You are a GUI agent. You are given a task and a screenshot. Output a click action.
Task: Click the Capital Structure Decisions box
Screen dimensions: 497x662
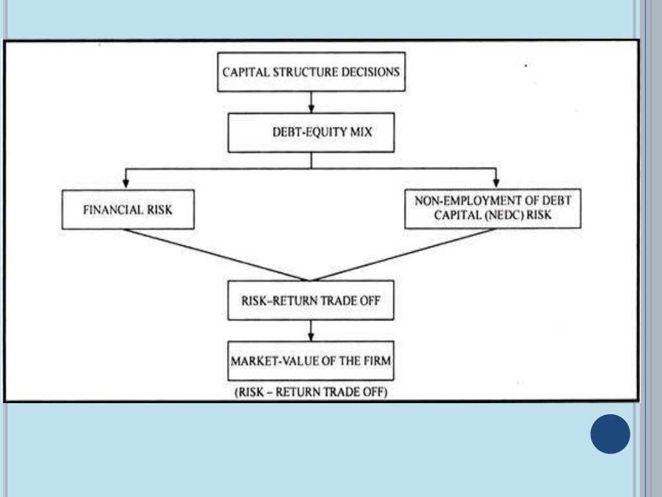[311, 71]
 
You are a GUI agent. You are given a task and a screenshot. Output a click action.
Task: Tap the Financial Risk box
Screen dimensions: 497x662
[127, 210]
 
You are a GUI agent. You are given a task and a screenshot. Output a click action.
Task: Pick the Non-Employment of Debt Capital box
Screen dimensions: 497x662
[493, 208]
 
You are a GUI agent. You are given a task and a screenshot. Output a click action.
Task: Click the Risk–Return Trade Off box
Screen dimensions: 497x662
[311, 300]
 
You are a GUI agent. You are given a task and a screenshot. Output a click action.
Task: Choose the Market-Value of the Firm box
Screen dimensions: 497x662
[311, 360]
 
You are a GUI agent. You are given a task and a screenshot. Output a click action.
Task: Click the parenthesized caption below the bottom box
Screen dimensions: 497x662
[311, 392]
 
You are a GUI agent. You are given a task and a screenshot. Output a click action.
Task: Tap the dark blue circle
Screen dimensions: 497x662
[610, 434]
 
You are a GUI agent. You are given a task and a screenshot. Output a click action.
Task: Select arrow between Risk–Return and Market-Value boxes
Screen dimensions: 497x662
[311, 331]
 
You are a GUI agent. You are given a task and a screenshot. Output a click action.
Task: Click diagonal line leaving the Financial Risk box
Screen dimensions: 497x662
[220, 255]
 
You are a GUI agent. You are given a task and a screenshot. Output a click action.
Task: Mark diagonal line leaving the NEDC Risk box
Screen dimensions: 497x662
[401, 255]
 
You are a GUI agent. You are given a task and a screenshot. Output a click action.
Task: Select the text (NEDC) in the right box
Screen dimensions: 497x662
[495, 215]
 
